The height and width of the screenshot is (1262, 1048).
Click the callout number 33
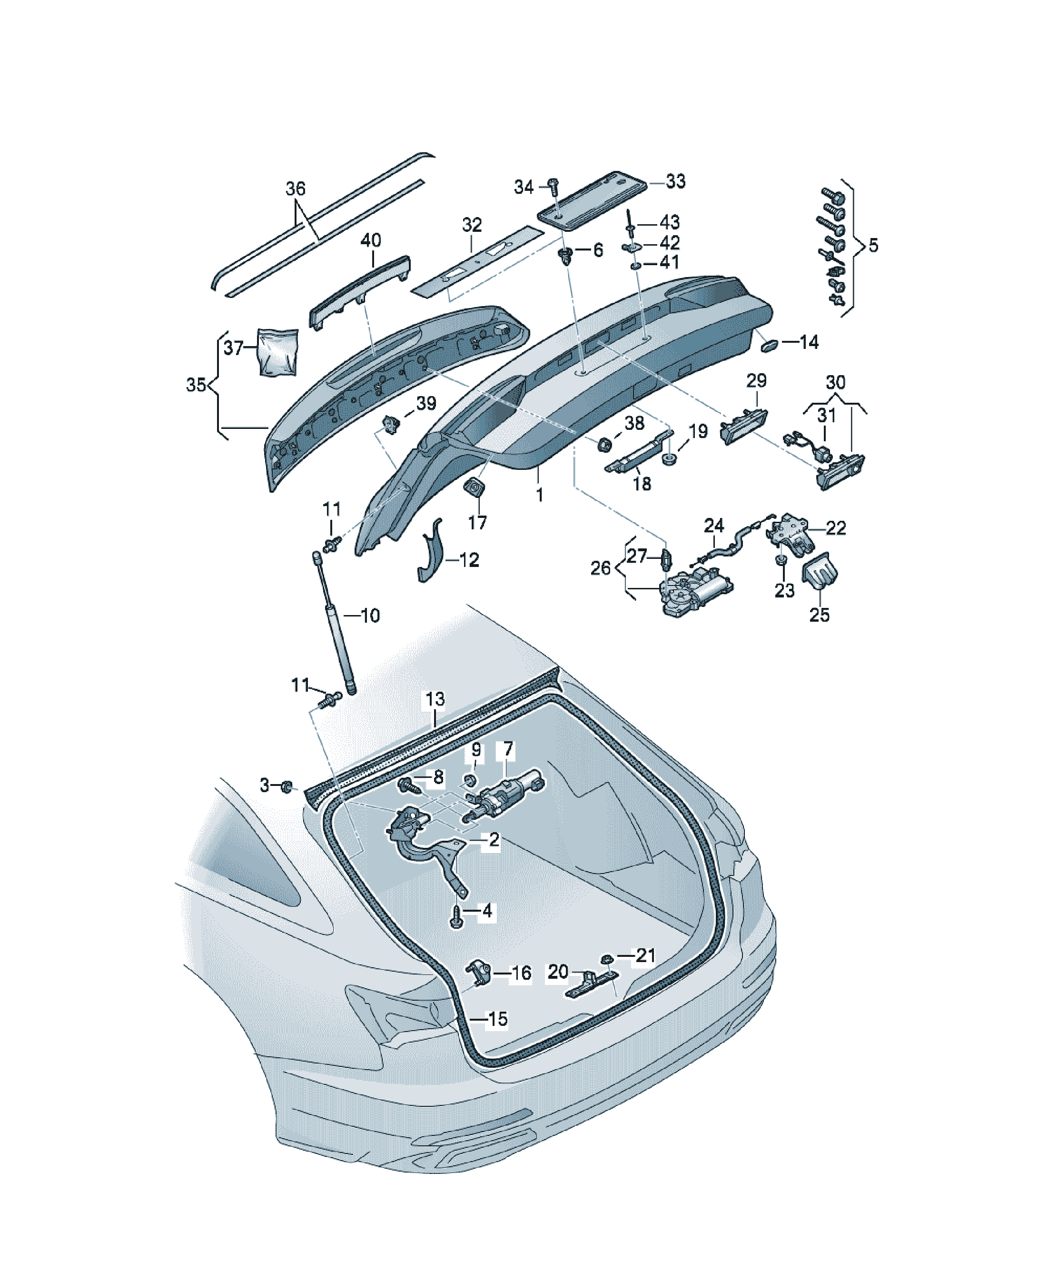[675, 181]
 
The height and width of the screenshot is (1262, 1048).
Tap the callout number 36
[295, 189]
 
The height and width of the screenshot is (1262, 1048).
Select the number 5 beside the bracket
[873, 245]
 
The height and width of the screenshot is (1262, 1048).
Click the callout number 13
[435, 699]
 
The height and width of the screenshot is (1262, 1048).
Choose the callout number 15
[497, 1019]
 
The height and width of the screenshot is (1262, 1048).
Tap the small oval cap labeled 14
[770, 345]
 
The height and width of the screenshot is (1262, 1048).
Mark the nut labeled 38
[604, 445]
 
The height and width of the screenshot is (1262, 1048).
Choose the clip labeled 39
[391, 424]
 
